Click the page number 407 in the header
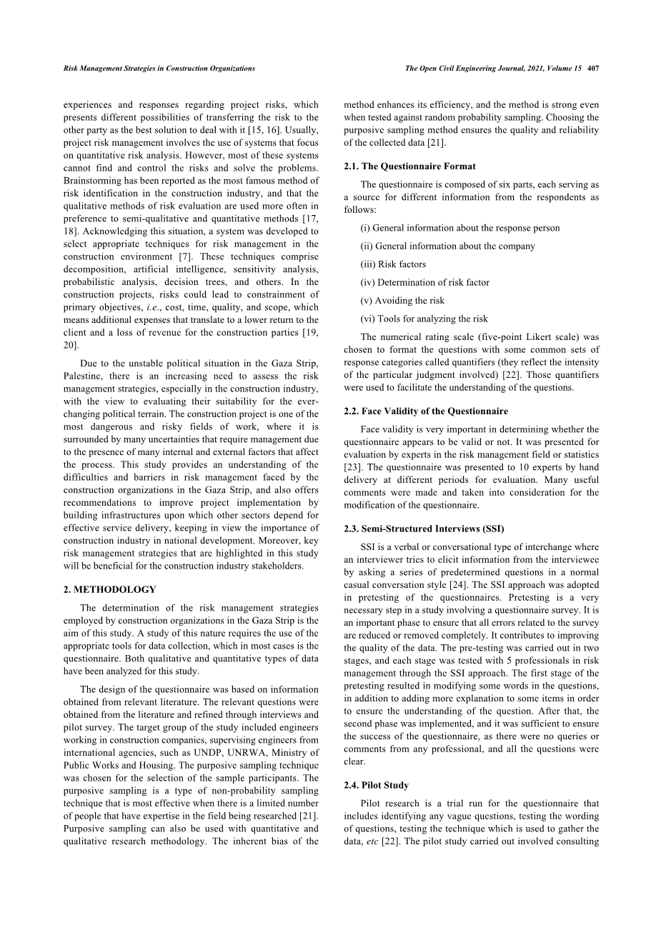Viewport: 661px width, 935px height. point(592,69)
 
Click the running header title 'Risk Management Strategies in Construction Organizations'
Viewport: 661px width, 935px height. point(159,69)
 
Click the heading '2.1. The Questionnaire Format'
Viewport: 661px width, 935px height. point(409,166)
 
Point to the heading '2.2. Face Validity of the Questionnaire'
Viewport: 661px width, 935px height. point(426,411)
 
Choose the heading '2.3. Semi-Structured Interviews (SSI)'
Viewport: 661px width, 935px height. point(424,529)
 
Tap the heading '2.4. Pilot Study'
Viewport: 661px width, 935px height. point(376,786)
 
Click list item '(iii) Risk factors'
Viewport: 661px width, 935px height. point(393,264)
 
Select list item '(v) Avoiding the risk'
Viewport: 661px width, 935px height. point(402,301)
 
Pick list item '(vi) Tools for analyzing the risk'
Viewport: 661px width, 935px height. point(424,319)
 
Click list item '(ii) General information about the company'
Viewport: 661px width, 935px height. point(448,246)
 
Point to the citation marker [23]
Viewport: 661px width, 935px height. point(353,467)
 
